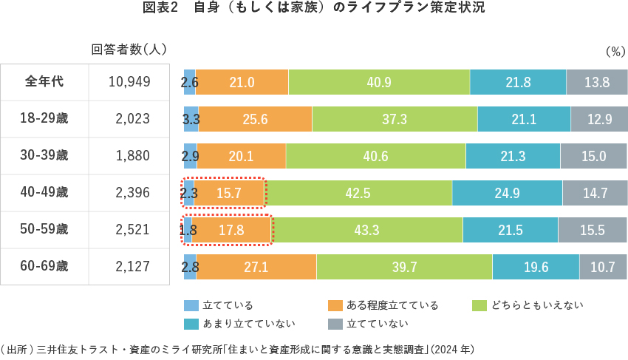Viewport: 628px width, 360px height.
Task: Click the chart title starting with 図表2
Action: [313, 10]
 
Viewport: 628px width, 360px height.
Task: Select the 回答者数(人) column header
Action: [129, 50]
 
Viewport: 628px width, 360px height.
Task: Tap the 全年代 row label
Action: [44, 82]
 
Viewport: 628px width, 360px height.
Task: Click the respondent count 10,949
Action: [129, 82]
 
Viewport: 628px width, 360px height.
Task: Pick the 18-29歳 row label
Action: [44, 118]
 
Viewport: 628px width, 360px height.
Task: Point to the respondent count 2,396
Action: [132, 192]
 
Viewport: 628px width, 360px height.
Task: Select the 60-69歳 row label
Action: [44, 266]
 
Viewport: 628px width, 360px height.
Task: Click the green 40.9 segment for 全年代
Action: [379, 82]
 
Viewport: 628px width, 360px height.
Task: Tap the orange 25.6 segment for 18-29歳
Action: [255, 119]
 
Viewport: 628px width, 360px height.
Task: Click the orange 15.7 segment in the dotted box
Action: [229, 193]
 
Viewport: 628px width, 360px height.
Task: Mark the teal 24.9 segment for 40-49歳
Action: [507, 193]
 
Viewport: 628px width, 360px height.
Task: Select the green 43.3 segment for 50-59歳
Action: [367, 230]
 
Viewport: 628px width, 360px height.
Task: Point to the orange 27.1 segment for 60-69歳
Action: [256, 267]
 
